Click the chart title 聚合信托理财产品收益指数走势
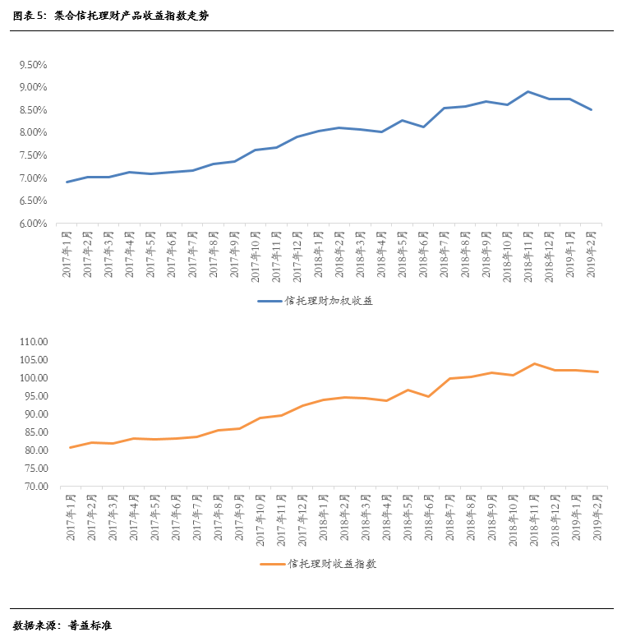tap(131, 16)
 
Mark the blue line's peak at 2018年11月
tap(528, 91)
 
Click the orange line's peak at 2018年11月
tap(535, 363)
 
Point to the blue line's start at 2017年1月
tap(67, 182)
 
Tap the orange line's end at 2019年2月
tap(597, 372)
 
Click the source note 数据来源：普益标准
tap(62, 625)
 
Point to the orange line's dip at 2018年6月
tap(428, 396)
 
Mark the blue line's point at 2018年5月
tap(403, 120)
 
